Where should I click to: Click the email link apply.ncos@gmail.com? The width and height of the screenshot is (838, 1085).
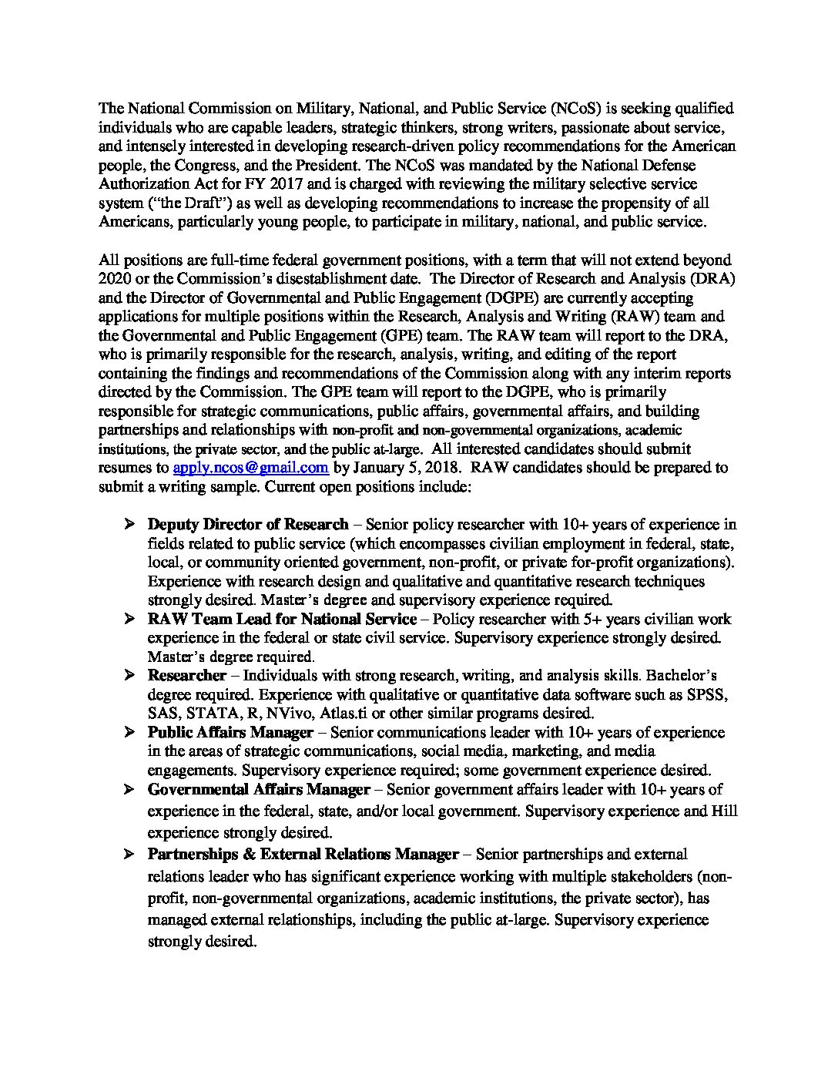coord(250,468)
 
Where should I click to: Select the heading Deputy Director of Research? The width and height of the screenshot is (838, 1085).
coord(247,525)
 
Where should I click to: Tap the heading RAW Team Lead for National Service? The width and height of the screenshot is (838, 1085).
coord(282,620)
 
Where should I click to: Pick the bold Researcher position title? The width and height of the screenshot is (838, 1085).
coord(186,676)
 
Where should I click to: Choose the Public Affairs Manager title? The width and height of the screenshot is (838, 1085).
coord(230,732)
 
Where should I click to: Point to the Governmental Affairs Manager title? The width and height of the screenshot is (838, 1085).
coord(259,790)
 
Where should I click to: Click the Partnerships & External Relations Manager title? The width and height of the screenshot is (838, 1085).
coord(303,855)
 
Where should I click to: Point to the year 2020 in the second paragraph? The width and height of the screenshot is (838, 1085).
coord(115,279)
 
